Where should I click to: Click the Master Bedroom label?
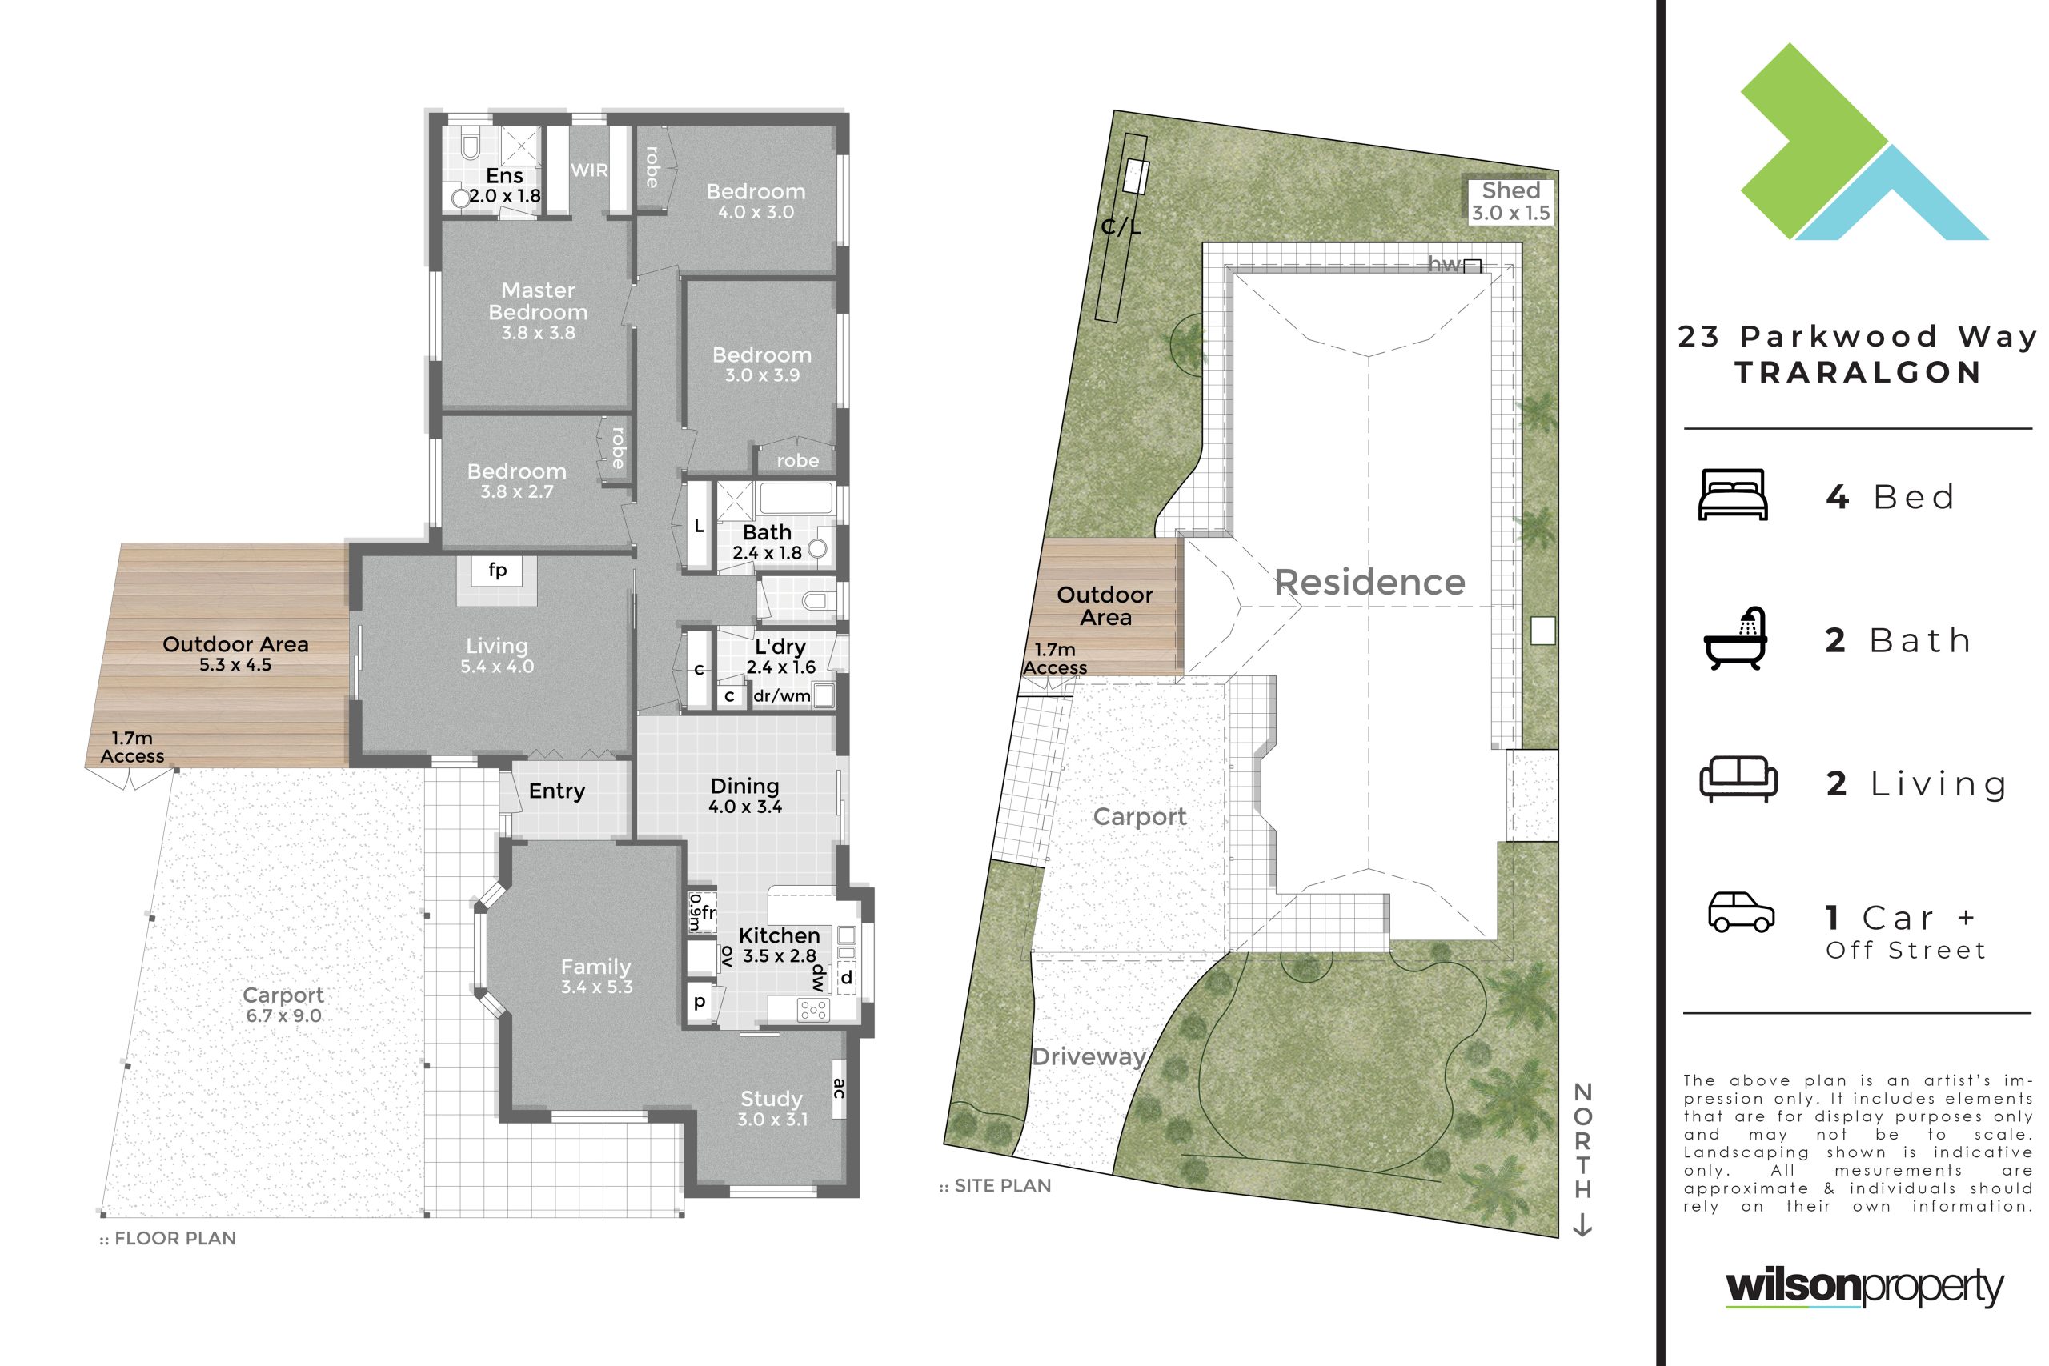point(538,311)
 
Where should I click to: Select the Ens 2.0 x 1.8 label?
point(505,186)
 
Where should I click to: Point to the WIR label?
point(589,170)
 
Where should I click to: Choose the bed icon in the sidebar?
point(1733,495)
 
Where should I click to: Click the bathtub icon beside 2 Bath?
point(1735,639)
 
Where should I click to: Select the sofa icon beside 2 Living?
point(1738,779)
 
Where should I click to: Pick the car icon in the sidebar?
point(1742,912)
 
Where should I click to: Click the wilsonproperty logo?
point(1864,1288)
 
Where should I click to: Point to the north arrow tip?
point(1582,1236)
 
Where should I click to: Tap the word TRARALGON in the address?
point(1859,372)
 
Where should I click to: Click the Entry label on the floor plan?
point(557,791)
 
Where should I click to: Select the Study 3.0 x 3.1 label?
point(772,1109)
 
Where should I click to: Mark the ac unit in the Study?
point(840,1088)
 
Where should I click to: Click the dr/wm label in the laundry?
point(781,696)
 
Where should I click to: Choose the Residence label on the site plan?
point(1369,582)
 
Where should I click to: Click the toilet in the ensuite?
point(470,145)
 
